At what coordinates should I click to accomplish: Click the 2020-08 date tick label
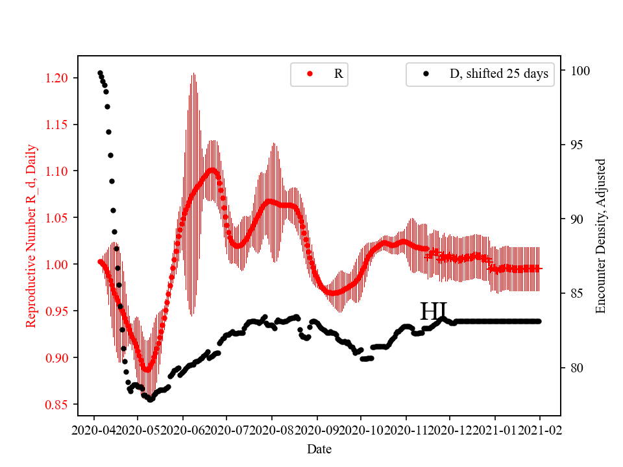tap(272, 429)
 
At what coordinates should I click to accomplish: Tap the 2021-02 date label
tap(539, 429)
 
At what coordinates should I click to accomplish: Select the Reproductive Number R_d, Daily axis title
tap(31, 235)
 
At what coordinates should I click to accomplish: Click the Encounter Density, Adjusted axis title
tap(600, 235)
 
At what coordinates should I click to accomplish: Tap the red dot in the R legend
tap(310, 74)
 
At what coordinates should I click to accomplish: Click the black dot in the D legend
tap(426, 74)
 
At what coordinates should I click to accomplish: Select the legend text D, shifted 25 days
tap(498, 74)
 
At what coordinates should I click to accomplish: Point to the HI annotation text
tap(434, 312)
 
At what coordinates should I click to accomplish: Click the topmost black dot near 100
tap(100, 73)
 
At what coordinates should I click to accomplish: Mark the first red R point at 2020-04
tap(99, 261)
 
